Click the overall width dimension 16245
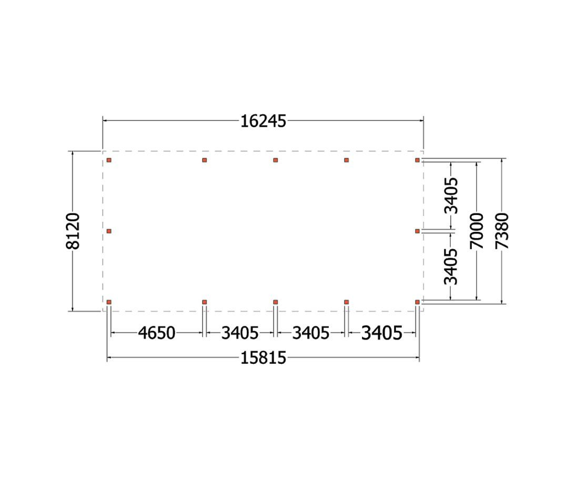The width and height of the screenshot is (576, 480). point(263,121)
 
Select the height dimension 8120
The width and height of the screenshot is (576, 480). point(73,231)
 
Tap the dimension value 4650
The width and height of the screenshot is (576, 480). point(157,333)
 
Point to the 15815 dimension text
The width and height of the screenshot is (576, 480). point(263,358)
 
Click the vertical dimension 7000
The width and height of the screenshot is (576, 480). point(477,231)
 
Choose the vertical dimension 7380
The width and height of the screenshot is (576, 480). point(501,231)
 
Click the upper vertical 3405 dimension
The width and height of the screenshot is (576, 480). point(451,196)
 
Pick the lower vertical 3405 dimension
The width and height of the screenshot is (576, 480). point(451,267)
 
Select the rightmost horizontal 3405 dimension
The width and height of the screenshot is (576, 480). point(382,333)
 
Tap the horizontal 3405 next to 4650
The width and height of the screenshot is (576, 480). point(240,333)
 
